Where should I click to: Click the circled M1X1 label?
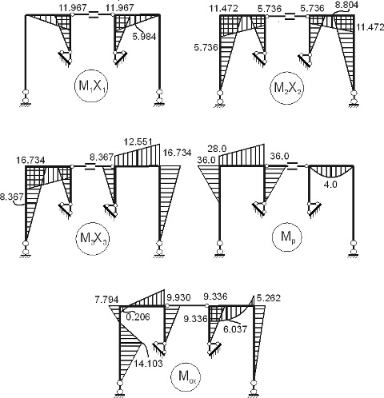click(92, 86)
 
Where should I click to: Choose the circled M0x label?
click(186, 376)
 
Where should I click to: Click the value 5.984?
click(144, 37)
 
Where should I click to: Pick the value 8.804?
click(346, 6)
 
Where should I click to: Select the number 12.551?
click(138, 141)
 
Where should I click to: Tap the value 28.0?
click(218, 149)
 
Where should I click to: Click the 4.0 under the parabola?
click(330, 185)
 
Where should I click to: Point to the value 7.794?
click(106, 300)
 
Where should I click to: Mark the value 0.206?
click(138, 316)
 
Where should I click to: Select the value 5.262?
click(269, 298)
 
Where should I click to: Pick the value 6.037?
click(235, 329)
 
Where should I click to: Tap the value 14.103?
click(148, 364)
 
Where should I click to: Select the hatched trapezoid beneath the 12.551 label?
click(137, 157)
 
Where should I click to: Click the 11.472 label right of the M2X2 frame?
click(370, 27)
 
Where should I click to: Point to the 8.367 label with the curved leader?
click(11, 197)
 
